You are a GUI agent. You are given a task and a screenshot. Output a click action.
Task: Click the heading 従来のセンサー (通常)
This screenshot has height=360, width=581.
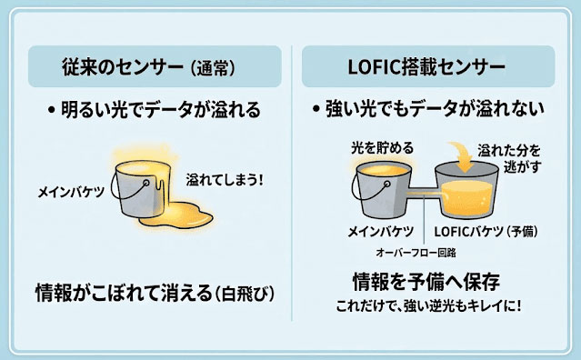149,67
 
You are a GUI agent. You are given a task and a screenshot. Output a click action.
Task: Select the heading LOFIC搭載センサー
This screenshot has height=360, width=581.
426,67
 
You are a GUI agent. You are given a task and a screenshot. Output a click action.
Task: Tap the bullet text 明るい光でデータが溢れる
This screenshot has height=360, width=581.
160,110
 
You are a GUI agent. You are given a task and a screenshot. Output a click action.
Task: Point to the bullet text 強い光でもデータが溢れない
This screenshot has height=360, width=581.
435,109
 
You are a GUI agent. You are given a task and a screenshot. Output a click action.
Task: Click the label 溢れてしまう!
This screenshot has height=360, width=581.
225,180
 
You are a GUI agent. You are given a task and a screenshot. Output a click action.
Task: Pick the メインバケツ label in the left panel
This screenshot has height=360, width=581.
71,192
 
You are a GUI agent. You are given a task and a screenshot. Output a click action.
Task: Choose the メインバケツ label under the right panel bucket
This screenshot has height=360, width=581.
381,232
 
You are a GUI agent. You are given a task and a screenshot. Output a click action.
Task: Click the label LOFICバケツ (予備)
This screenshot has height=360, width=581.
486,232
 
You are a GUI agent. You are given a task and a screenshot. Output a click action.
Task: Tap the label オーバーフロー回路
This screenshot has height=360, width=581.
416,253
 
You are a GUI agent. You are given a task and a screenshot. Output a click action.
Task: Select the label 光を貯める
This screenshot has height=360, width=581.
382,148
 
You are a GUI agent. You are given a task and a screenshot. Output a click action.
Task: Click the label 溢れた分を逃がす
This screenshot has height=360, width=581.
510,158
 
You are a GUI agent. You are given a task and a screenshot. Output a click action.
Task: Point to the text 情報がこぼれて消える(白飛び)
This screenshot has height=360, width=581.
155,293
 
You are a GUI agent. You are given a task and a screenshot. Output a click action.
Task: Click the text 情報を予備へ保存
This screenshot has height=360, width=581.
426,282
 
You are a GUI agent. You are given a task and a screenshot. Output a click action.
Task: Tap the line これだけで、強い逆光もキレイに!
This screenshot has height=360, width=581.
428,306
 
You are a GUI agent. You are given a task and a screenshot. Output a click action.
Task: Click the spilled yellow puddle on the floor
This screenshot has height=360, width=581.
176,215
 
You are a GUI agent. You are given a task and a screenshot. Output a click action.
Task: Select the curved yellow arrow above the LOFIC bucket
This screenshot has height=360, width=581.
461,155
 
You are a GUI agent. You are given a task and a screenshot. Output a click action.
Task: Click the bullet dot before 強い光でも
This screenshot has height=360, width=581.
316,110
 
